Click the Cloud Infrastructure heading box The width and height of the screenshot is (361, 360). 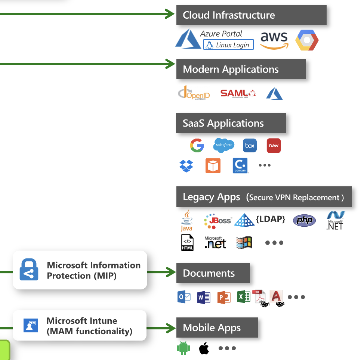point(251,15)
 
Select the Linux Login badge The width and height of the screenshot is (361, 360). point(228,45)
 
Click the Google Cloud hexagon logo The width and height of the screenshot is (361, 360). point(307,40)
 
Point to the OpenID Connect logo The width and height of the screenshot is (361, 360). point(194,93)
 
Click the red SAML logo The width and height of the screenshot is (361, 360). point(238,93)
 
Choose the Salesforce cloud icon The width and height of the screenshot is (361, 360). point(224,145)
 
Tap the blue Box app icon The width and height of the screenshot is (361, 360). point(250,146)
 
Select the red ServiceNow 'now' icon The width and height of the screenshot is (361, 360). point(274,146)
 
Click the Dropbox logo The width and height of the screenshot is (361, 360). point(186,165)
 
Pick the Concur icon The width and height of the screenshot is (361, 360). point(240,165)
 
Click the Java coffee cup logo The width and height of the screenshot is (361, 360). point(186,220)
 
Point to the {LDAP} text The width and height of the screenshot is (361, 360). point(271,219)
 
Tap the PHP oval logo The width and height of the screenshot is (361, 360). point(304,220)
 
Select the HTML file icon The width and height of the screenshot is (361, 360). point(187,243)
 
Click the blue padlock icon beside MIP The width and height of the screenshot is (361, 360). point(29,270)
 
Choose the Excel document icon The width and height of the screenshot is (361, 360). point(244,297)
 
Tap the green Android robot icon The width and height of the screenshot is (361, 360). point(183,348)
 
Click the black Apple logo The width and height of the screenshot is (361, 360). point(204,348)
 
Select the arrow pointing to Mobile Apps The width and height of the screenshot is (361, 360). point(161,328)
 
